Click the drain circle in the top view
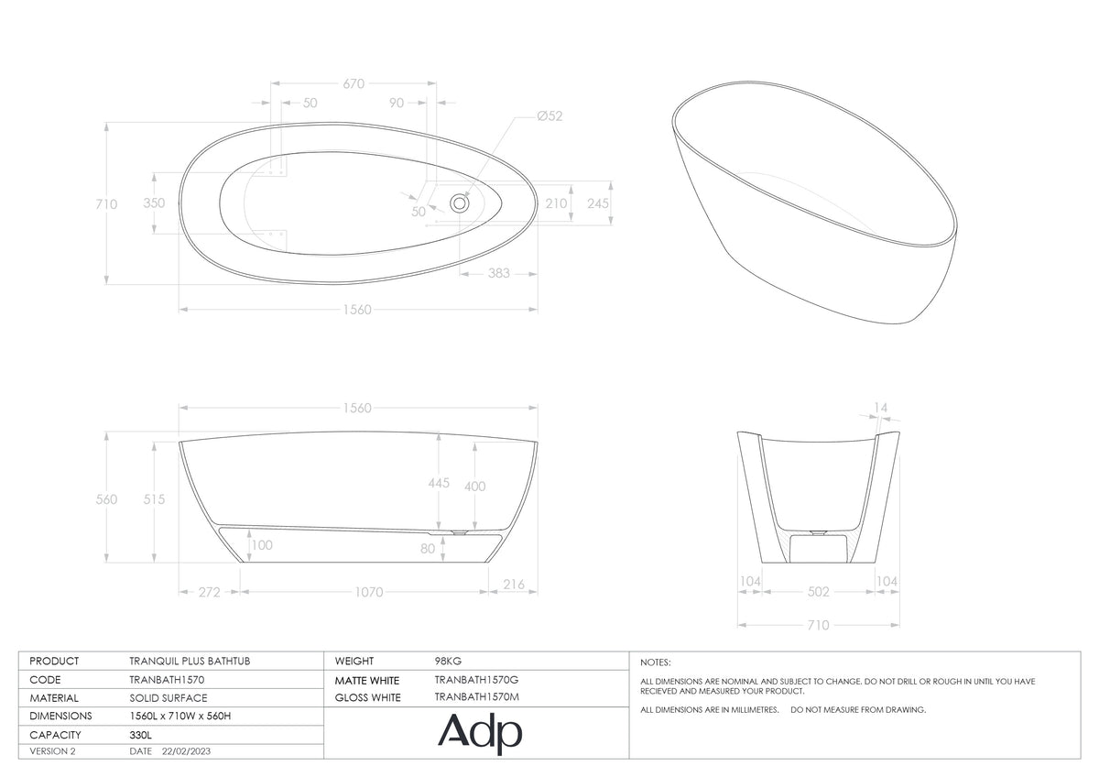459,202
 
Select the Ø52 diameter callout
549,116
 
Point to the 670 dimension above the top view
354,84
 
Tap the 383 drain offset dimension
498,273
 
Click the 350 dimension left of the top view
154,203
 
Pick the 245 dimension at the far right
597,203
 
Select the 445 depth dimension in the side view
439,483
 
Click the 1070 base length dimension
368,593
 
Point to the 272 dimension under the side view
209,593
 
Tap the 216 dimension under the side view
514,585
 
